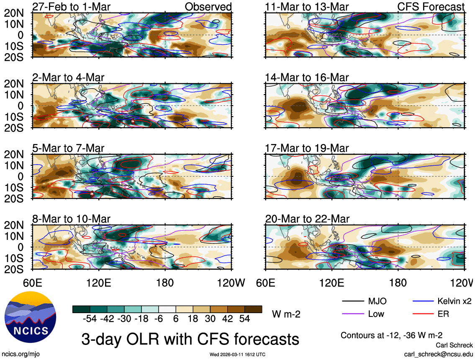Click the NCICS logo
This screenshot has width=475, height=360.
pyautogui.click(x=29, y=320)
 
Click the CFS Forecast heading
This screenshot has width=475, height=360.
pyautogui.click(x=431, y=7)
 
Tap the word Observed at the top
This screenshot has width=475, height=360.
pyautogui.click(x=208, y=7)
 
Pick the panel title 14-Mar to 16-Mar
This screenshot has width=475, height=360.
pyautogui.click(x=306, y=78)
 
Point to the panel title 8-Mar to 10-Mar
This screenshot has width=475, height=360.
pyautogui.click(x=71, y=219)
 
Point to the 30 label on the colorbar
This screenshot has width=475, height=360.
pyautogui.click(x=210, y=319)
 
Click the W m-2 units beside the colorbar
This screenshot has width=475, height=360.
pyautogui.click(x=286, y=314)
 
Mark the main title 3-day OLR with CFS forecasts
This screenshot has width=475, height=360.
pyautogui.click(x=190, y=338)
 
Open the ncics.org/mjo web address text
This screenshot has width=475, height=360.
pyautogui.click(x=20, y=354)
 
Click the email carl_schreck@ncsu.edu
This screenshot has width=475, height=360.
pyautogui.click(x=439, y=354)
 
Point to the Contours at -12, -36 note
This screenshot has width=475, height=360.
pyautogui.click(x=392, y=335)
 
